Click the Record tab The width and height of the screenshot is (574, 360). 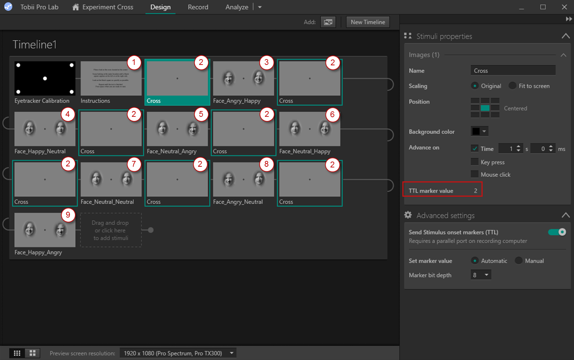click(x=198, y=7)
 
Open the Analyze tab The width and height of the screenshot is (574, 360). click(x=237, y=7)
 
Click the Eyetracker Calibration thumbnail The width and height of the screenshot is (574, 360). click(x=45, y=78)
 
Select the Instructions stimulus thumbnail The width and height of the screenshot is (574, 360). click(x=111, y=78)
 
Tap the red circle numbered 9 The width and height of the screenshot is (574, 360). click(x=68, y=215)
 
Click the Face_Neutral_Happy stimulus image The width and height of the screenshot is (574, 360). click(x=309, y=129)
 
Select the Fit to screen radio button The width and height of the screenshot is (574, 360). click(x=513, y=86)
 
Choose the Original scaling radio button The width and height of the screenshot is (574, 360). click(x=475, y=86)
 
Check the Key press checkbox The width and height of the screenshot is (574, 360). click(x=475, y=162)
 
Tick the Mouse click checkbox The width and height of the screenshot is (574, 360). click(x=475, y=174)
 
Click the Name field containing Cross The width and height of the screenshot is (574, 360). click(x=513, y=71)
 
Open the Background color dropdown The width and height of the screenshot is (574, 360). click(x=479, y=131)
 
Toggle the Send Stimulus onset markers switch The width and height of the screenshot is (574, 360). click(x=557, y=232)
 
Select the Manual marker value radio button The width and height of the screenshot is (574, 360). click(x=519, y=261)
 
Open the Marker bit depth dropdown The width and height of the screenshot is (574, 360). click(x=481, y=275)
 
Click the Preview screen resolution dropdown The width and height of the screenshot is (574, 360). click(x=178, y=353)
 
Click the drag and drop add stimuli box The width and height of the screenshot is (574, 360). click(x=111, y=230)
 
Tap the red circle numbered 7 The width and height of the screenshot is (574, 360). click(x=134, y=164)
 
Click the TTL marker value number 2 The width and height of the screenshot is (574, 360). click(x=475, y=191)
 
